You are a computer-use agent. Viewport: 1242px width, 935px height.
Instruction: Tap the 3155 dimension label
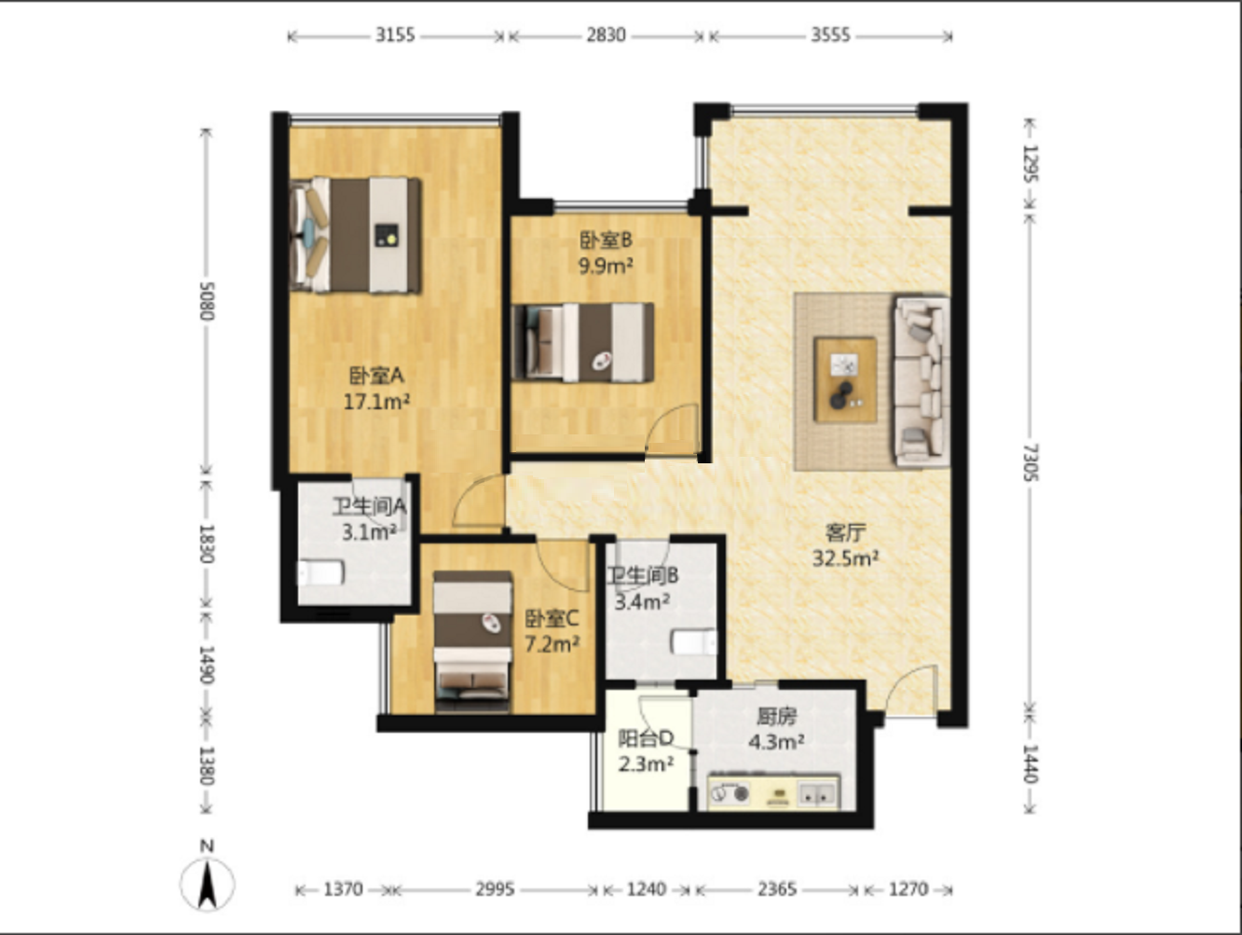tap(395, 35)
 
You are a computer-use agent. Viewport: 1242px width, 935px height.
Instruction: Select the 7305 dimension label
tap(1030, 462)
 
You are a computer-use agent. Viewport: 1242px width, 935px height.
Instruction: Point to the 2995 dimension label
tap(495, 889)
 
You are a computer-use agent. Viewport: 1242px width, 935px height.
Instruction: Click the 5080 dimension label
tap(207, 301)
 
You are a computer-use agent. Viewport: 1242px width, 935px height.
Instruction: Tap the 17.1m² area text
tap(376, 402)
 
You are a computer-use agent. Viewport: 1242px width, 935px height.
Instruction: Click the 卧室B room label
tap(606, 241)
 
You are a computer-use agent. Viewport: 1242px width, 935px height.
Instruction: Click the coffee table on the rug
tap(845, 379)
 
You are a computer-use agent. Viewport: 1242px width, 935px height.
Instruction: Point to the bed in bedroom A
tap(355, 236)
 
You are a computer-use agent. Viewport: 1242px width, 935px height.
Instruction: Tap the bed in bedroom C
tap(472, 641)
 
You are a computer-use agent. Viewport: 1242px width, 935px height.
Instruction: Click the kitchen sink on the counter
tap(817, 793)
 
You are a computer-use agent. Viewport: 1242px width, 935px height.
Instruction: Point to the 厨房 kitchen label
tap(776, 717)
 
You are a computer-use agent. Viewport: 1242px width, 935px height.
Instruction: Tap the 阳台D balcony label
tap(646, 738)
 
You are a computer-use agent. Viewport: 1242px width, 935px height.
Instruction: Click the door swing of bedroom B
tap(672, 429)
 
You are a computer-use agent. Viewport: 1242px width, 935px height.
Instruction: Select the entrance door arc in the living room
tap(910, 691)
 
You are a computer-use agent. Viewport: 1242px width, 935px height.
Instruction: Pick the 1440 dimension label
tap(1030, 763)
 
